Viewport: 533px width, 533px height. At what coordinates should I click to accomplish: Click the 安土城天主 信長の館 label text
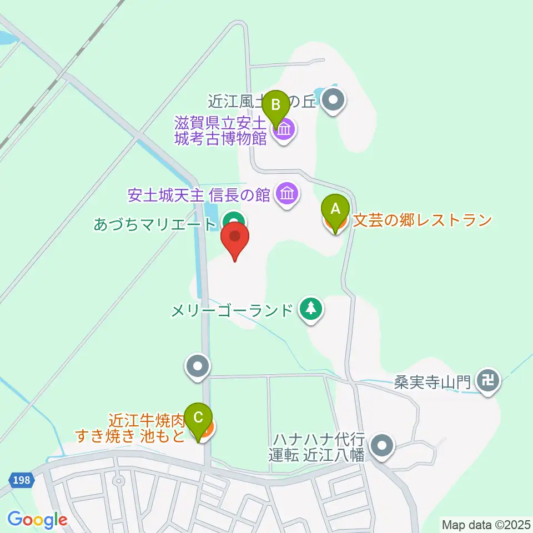(x=199, y=195)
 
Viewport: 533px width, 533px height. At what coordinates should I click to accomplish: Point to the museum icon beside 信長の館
(x=287, y=194)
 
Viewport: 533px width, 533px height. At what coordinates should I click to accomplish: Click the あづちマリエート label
(x=154, y=225)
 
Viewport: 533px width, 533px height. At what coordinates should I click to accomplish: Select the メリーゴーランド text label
(x=232, y=310)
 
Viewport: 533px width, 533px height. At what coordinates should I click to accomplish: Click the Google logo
(x=37, y=520)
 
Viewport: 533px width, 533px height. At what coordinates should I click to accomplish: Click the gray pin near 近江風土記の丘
(x=334, y=100)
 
